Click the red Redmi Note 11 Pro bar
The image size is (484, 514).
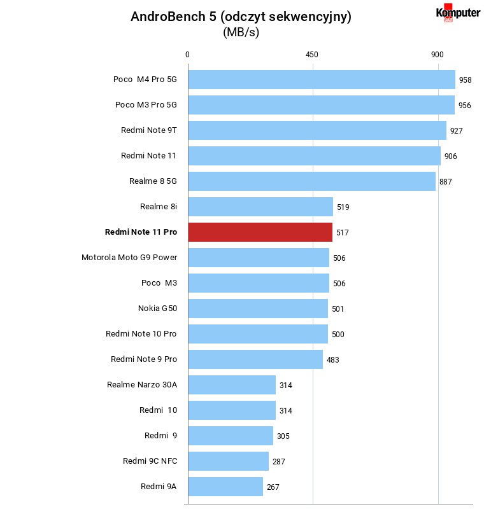click(x=260, y=232)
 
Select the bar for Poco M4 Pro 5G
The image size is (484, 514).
click(x=322, y=80)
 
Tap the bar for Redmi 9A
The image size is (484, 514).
click(x=225, y=487)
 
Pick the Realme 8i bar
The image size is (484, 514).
click(x=260, y=207)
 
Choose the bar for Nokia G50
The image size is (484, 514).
click(x=258, y=309)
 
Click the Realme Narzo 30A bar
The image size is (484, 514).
click(x=232, y=385)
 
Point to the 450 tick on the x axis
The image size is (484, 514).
click(x=311, y=55)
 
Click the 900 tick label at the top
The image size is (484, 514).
click(x=437, y=55)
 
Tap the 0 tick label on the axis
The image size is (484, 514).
click(x=187, y=55)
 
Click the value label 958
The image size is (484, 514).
click(x=465, y=80)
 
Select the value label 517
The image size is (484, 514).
click(x=342, y=233)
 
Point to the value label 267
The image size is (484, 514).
click(x=273, y=487)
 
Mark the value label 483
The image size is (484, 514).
click(x=332, y=360)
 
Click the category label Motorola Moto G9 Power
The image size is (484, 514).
click(x=129, y=258)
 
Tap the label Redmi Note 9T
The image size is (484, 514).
click(x=148, y=130)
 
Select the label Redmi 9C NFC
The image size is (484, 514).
click(x=150, y=461)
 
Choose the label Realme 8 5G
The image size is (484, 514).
click(x=153, y=181)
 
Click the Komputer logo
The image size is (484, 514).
click(x=458, y=13)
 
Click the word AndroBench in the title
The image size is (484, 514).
click(x=168, y=17)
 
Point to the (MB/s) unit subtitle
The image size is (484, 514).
click(x=241, y=32)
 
